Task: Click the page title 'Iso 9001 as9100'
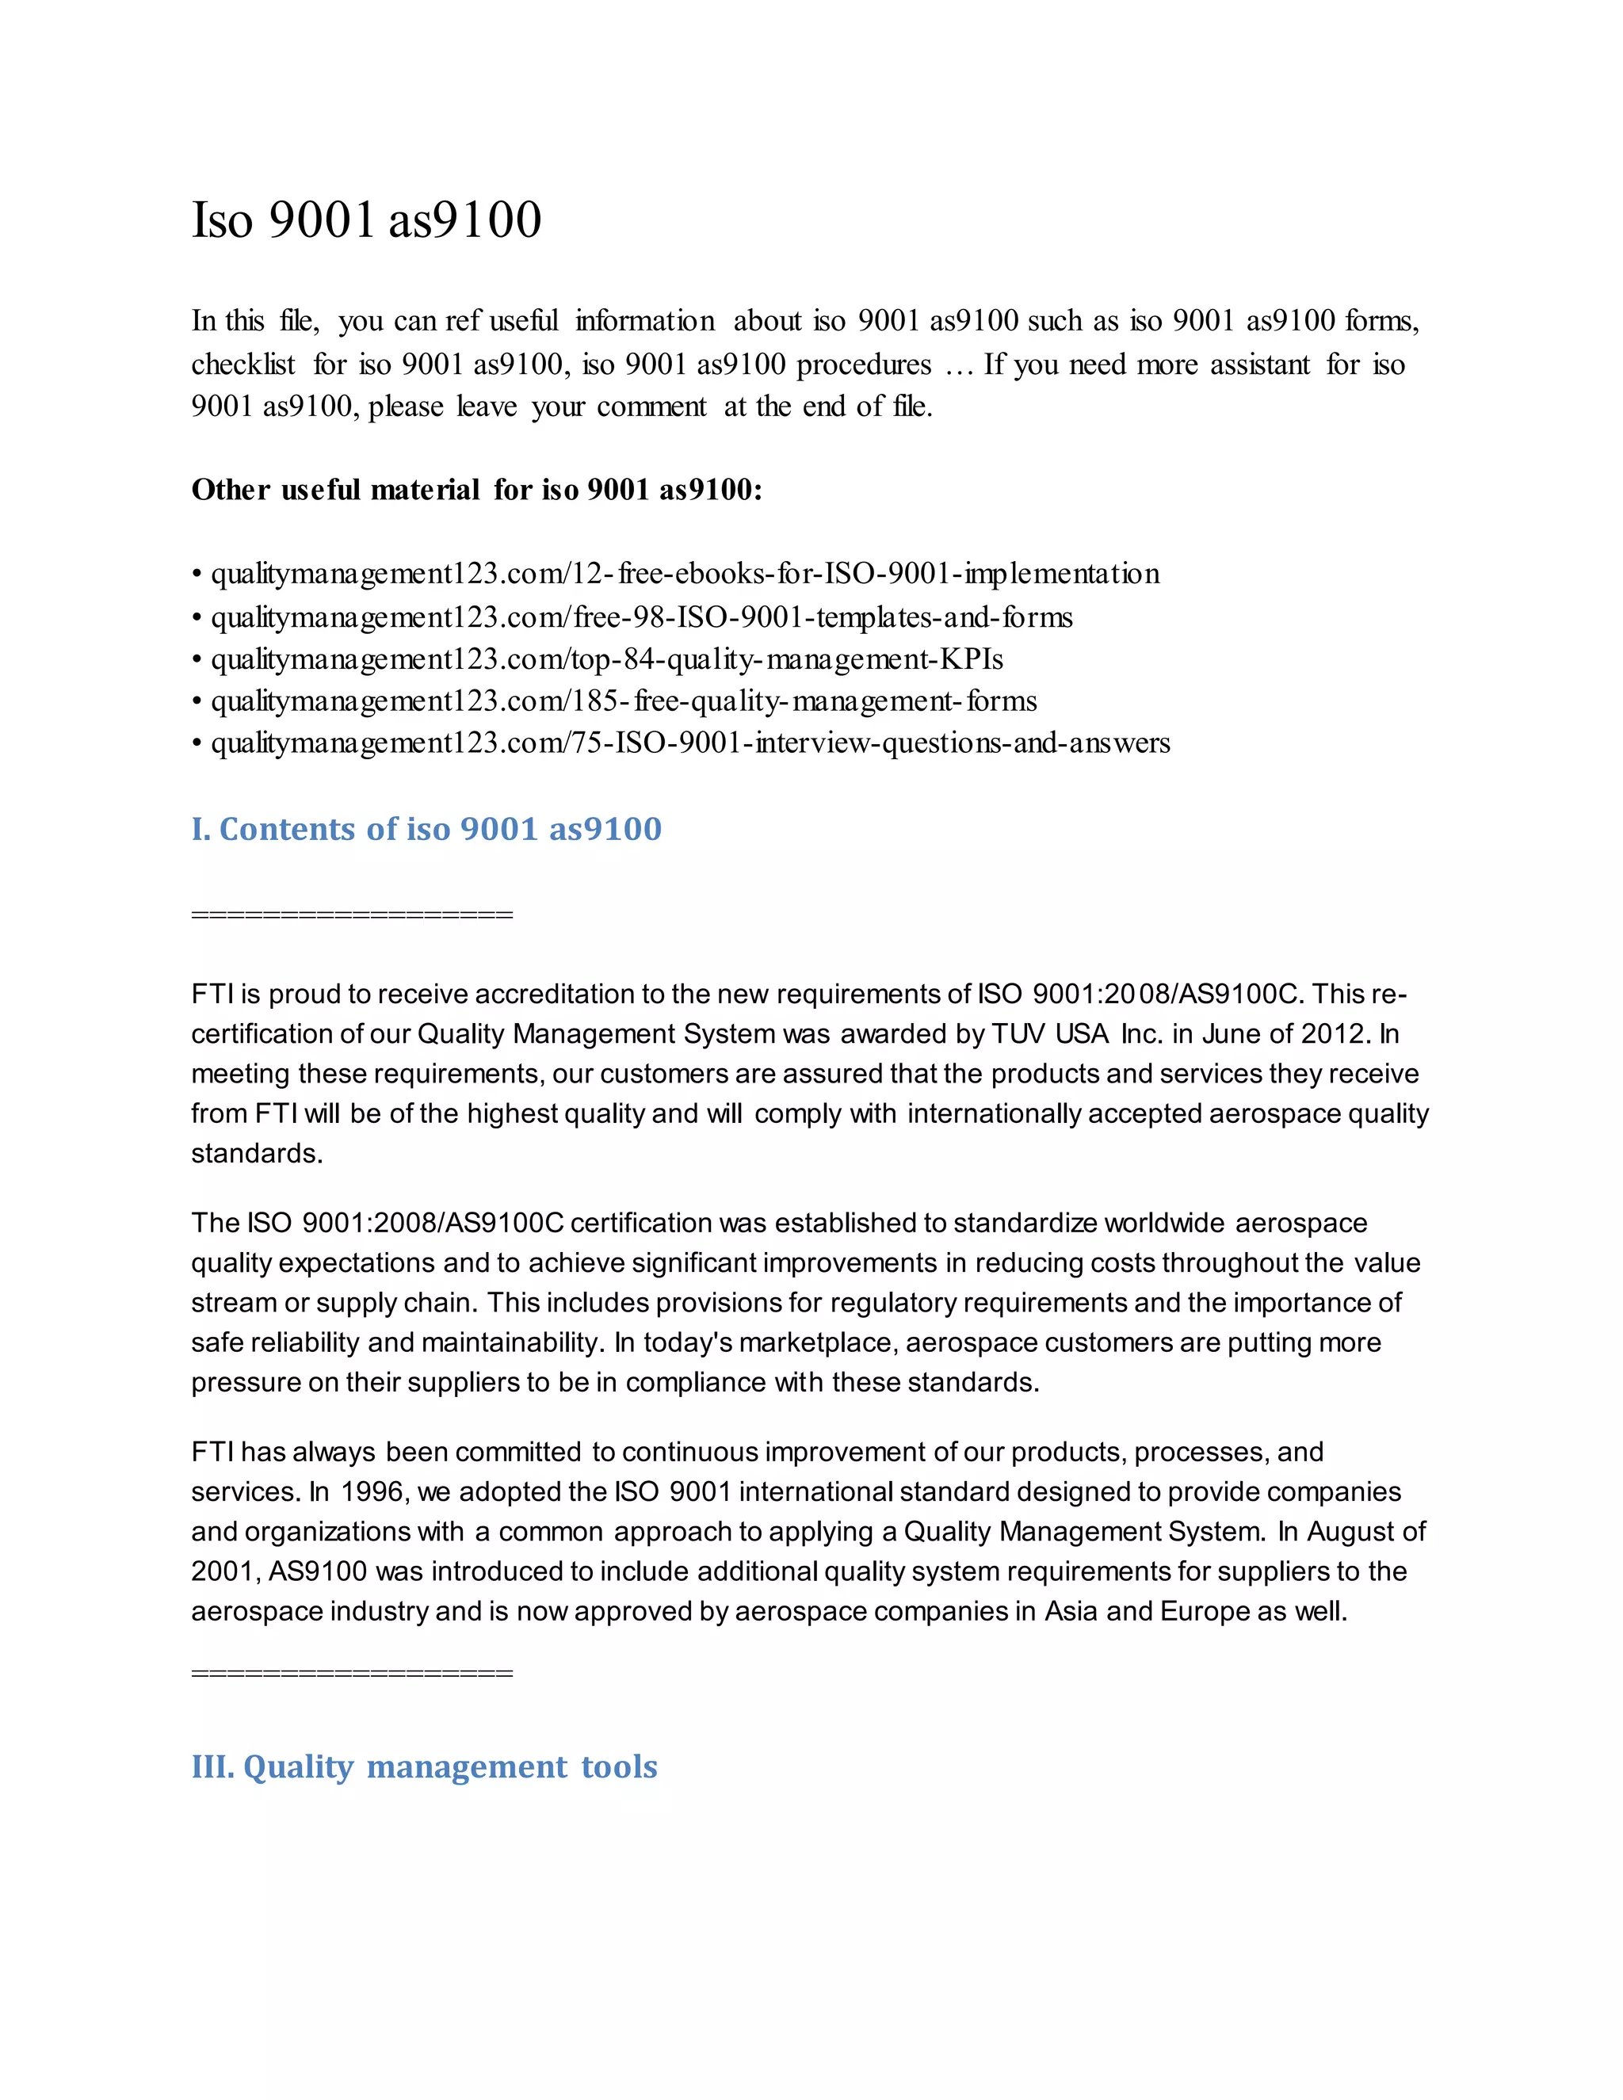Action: click(366, 220)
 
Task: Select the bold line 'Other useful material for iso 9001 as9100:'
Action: click(476, 491)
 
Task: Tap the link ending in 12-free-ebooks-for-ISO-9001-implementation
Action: click(685, 574)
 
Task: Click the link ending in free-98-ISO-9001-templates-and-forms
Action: click(641, 617)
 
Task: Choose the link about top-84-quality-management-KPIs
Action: click(607, 659)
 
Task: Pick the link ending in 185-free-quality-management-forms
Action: click(624, 702)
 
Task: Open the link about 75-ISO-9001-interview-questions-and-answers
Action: click(690, 743)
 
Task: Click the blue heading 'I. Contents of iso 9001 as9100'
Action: click(426, 829)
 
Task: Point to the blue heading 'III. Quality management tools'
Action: click(424, 1766)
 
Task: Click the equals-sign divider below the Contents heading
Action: click(352, 914)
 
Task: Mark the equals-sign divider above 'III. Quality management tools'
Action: click(352, 1673)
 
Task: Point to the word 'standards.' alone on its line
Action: click(257, 1153)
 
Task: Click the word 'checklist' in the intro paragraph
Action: click(243, 365)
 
